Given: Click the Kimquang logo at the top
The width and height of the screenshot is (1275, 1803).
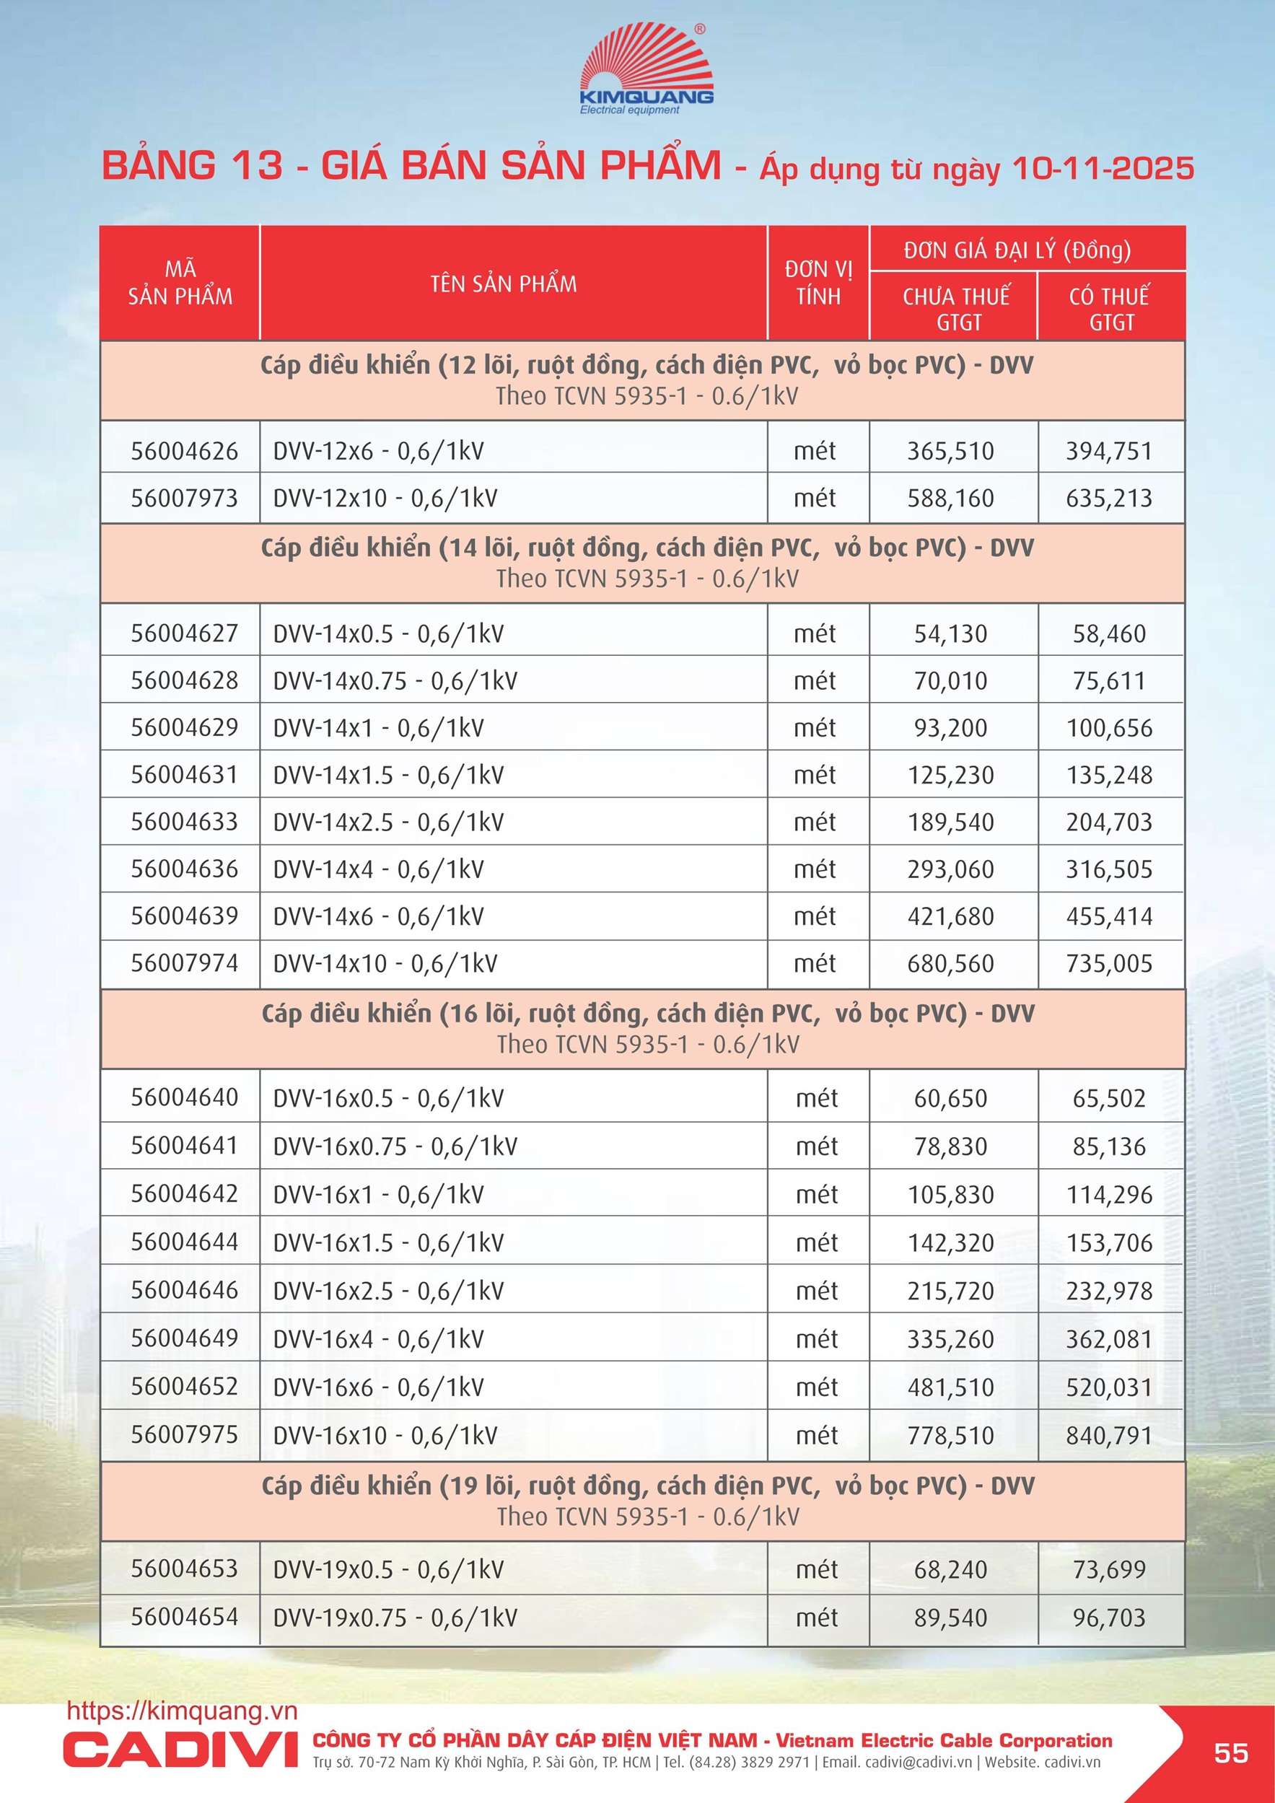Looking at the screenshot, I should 646,70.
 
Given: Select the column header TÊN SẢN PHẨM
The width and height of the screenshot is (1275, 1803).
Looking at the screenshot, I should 504,284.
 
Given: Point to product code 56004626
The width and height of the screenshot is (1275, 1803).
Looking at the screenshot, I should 184,451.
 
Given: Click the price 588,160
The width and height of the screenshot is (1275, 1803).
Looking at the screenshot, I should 950,498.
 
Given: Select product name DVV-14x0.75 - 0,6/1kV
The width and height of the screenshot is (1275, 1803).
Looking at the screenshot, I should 395,680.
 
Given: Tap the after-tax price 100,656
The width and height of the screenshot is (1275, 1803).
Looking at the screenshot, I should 1108,728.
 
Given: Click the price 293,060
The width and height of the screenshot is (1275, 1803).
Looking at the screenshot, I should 950,869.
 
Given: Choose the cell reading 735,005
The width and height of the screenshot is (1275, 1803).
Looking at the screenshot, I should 1108,963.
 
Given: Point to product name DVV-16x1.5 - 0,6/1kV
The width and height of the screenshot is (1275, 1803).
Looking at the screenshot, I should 388,1242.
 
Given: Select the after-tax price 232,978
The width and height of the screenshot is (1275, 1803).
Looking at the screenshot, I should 1108,1290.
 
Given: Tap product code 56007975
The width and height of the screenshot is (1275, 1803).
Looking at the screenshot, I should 184,1435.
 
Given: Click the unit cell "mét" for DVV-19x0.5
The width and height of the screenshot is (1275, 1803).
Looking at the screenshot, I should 816,1569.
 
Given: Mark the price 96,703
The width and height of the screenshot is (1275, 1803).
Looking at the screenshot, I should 1108,1617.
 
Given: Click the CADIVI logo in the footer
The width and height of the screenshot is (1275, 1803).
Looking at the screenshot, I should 180,1748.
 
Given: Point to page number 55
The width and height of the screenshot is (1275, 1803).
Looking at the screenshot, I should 1230,1752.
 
